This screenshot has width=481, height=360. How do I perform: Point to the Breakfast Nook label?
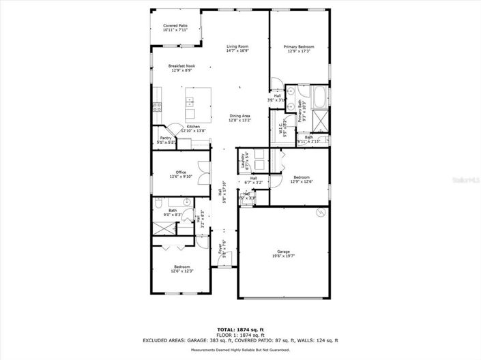tap(181, 66)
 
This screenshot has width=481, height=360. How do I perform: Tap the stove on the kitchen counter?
tap(156, 106)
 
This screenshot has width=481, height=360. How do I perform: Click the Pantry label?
tap(164, 138)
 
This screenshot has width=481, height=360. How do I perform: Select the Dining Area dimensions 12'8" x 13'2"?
tap(240, 120)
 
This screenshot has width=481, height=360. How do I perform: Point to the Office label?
tap(181, 172)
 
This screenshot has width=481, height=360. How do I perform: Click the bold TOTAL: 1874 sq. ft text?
tap(240, 329)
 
